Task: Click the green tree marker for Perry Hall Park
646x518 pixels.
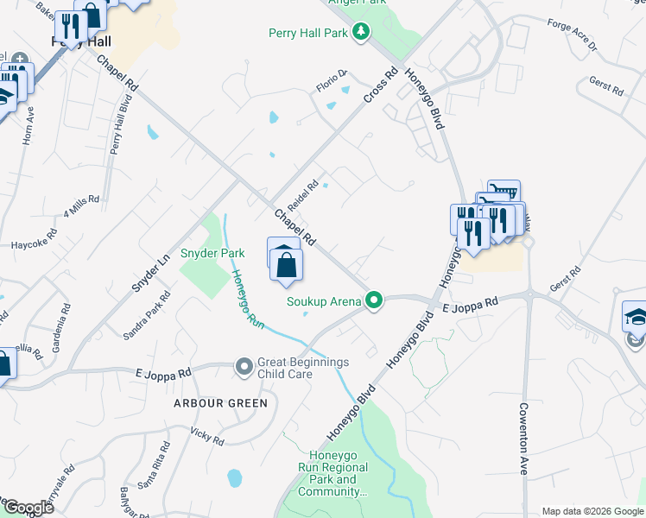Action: click(x=362, y=33)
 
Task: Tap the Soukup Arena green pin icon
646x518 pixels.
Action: click(x=374, y=301)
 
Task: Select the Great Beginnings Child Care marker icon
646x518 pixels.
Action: click(x=244, y=369)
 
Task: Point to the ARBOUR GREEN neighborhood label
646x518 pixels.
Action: click(x=221, y=403)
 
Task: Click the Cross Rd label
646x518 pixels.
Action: click(x=379, y=87)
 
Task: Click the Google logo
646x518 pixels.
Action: click(x=28, y=508)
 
